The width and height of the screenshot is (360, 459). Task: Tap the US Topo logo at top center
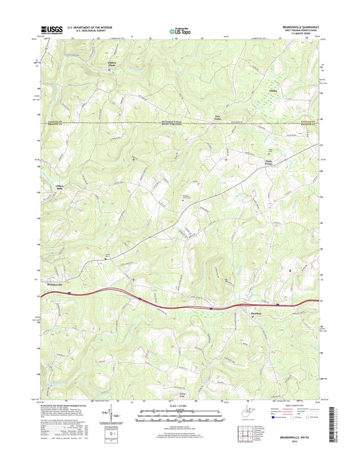click(x=180, y=30)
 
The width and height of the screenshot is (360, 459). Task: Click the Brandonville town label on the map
click(x=47, y=285)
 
